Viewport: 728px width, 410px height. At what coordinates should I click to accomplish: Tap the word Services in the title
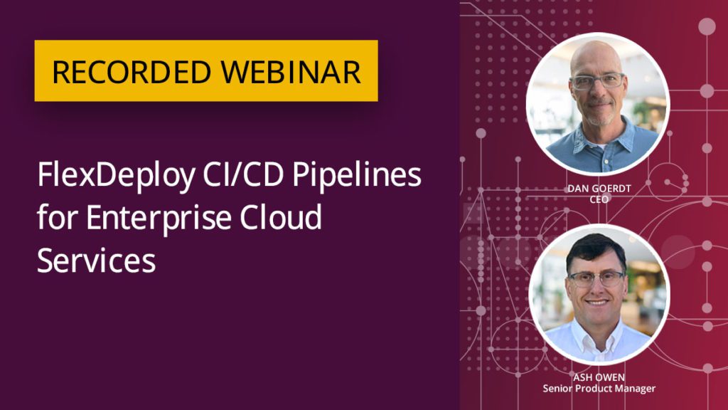97,260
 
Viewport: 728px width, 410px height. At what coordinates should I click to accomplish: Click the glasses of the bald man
596,82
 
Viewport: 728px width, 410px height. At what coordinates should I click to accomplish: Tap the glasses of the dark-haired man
596,278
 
